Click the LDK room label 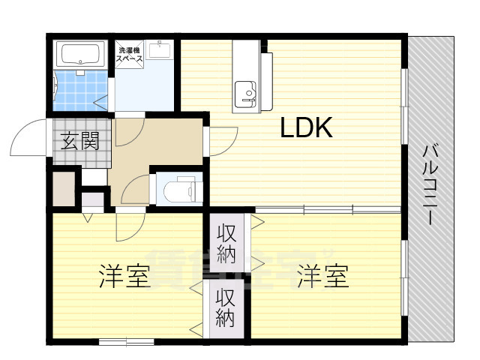click(306, 127)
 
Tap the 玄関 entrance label click(80, 141)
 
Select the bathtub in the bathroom click(80, 55)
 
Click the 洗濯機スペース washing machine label click(129, 55)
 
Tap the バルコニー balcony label click(430, 185)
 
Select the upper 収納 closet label click(226, 244)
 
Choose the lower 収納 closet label click(226, 307)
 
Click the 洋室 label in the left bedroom click(124, 277)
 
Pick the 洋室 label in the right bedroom click(323, 276)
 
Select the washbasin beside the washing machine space click(160, 49)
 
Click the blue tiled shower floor click(80, 91)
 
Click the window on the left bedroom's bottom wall click(127, 342)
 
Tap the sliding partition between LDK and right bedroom click(328, 210)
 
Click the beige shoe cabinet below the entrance click(64, 188)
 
